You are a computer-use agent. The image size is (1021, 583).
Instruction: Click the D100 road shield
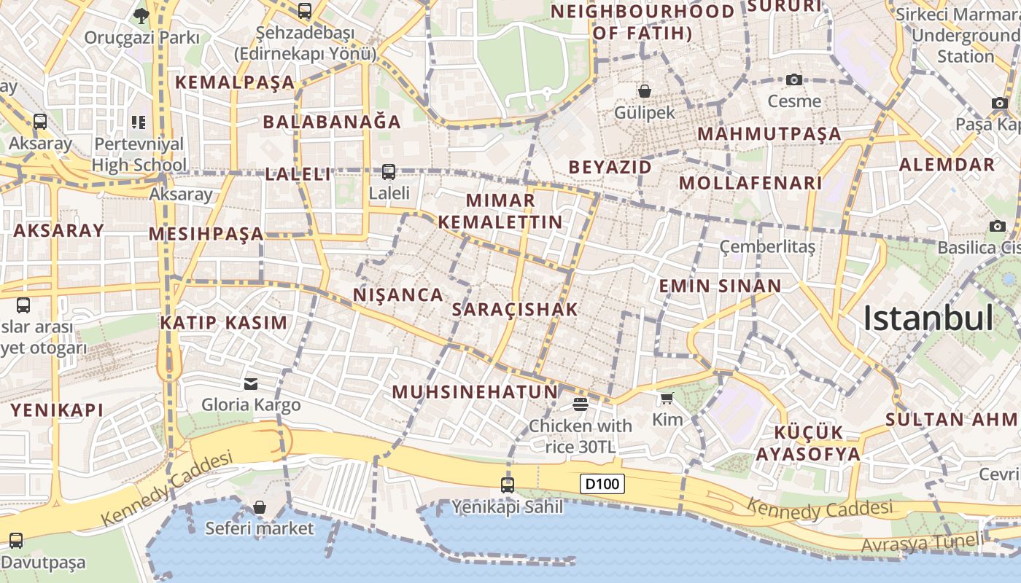coord(602,484)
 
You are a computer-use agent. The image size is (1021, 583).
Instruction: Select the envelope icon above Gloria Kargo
coord(251,383)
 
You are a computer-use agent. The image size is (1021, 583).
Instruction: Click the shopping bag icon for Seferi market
coord(260,507)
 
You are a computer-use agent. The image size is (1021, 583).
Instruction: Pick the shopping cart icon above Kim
coord(667,398)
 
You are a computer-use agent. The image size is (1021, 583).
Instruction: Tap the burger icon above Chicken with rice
coord(581,404)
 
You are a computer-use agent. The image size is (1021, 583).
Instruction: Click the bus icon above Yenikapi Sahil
coord(508,485)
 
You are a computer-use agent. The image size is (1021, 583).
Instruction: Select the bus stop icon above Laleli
coord(389,172)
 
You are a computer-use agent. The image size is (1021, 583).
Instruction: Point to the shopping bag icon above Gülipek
coord(645,91)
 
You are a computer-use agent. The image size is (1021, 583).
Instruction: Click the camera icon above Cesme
coord(794,79)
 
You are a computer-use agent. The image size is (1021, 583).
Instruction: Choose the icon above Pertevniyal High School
coord(139,122)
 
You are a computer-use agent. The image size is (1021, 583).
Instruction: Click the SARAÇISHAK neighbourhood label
coord(515,309)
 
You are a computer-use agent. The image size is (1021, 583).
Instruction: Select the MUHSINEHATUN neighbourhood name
coord(475,392)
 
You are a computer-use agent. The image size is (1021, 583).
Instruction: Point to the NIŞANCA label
coord(398,294)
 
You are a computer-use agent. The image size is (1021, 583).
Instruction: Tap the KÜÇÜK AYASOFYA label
coord(808,443)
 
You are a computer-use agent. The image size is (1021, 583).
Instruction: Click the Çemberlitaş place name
coord(767,246)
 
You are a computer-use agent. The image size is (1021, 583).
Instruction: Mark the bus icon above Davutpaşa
coord(16,541)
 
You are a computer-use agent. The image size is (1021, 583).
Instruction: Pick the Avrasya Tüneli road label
coord(920,543)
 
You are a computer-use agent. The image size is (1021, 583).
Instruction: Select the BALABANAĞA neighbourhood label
coord(332,122)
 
